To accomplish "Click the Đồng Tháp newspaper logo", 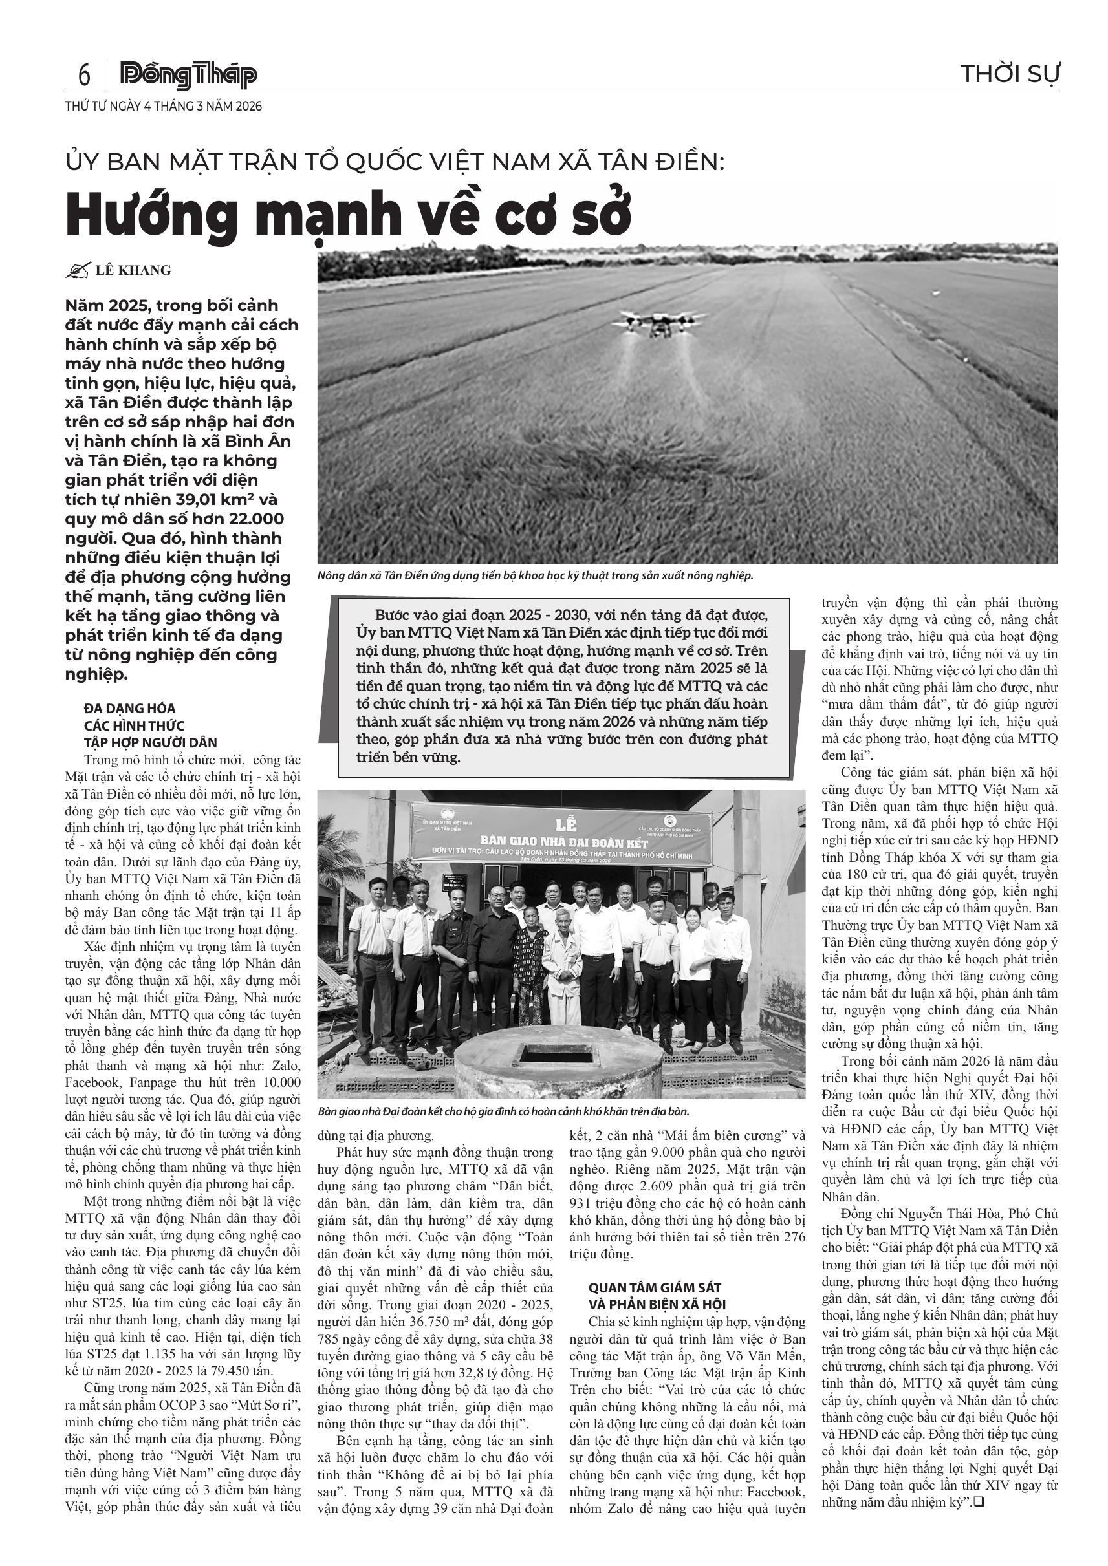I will tap(188, 75).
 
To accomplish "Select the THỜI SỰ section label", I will tap(1009, 74).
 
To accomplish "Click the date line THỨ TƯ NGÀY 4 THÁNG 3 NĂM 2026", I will tap(163, 107).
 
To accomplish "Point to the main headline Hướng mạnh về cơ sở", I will tap(348, 214).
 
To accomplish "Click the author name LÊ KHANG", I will tap(133, 270).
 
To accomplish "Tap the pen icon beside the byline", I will tap(78, 271).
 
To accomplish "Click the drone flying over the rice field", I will tap(658, 323).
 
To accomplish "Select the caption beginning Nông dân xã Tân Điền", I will tap(535, 575).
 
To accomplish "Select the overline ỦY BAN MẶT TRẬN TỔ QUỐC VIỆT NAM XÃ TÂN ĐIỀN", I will tap(395, 162).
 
